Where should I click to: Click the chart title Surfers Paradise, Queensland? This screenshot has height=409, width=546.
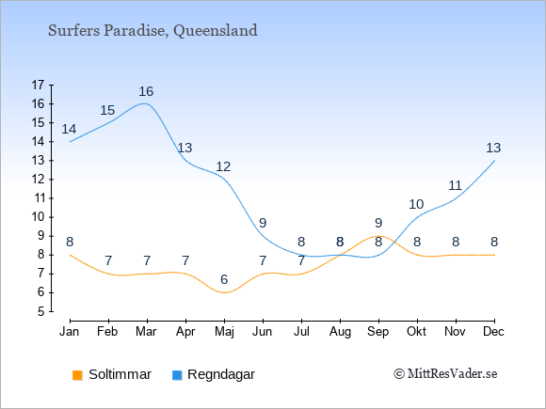153,31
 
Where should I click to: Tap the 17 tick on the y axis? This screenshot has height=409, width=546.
38,85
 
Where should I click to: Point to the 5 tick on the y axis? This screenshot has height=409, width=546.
41,311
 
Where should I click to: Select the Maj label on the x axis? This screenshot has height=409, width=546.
224,332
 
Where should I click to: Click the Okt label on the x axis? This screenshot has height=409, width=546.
416,332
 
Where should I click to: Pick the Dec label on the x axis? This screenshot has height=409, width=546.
494,332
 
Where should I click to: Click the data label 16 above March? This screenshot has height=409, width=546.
146,91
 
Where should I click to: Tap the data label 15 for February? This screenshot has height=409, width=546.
107,110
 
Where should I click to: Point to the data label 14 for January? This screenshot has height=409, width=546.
69,129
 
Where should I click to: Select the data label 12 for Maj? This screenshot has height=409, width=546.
223,167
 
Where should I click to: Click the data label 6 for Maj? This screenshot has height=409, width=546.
224,279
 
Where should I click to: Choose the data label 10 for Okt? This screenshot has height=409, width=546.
416,205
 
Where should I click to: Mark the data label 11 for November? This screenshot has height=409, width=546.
455,186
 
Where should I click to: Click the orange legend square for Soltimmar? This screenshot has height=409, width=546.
77,375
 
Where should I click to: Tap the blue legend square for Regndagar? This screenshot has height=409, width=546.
177,375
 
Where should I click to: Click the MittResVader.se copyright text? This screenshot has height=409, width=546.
445,374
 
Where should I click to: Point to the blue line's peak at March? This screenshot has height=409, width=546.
144,103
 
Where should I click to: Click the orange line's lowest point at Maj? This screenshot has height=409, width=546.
224,292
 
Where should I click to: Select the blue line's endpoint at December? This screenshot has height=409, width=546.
494,161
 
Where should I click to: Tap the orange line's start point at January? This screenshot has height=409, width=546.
71,255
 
